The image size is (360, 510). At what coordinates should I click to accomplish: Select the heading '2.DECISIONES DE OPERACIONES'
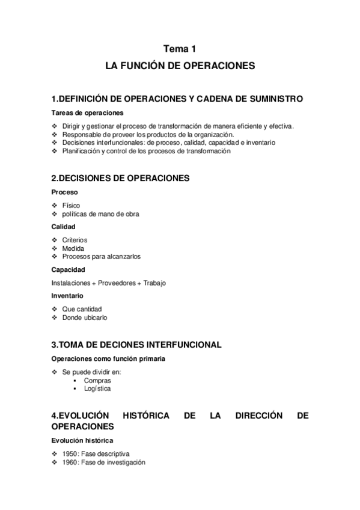click(x=120, y=178)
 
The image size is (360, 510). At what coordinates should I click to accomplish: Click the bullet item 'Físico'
click(x=70, y=205)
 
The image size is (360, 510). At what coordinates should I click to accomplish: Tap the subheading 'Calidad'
click(x=64, y=227)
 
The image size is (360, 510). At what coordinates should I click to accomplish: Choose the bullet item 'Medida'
click(x=73, y=248)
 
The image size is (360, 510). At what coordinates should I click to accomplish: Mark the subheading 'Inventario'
click(x=67, y=295)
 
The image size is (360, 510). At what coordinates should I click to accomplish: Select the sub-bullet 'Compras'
click(x=96, y=381)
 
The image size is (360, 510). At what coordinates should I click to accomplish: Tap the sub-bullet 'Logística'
click(x=97, y=389)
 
